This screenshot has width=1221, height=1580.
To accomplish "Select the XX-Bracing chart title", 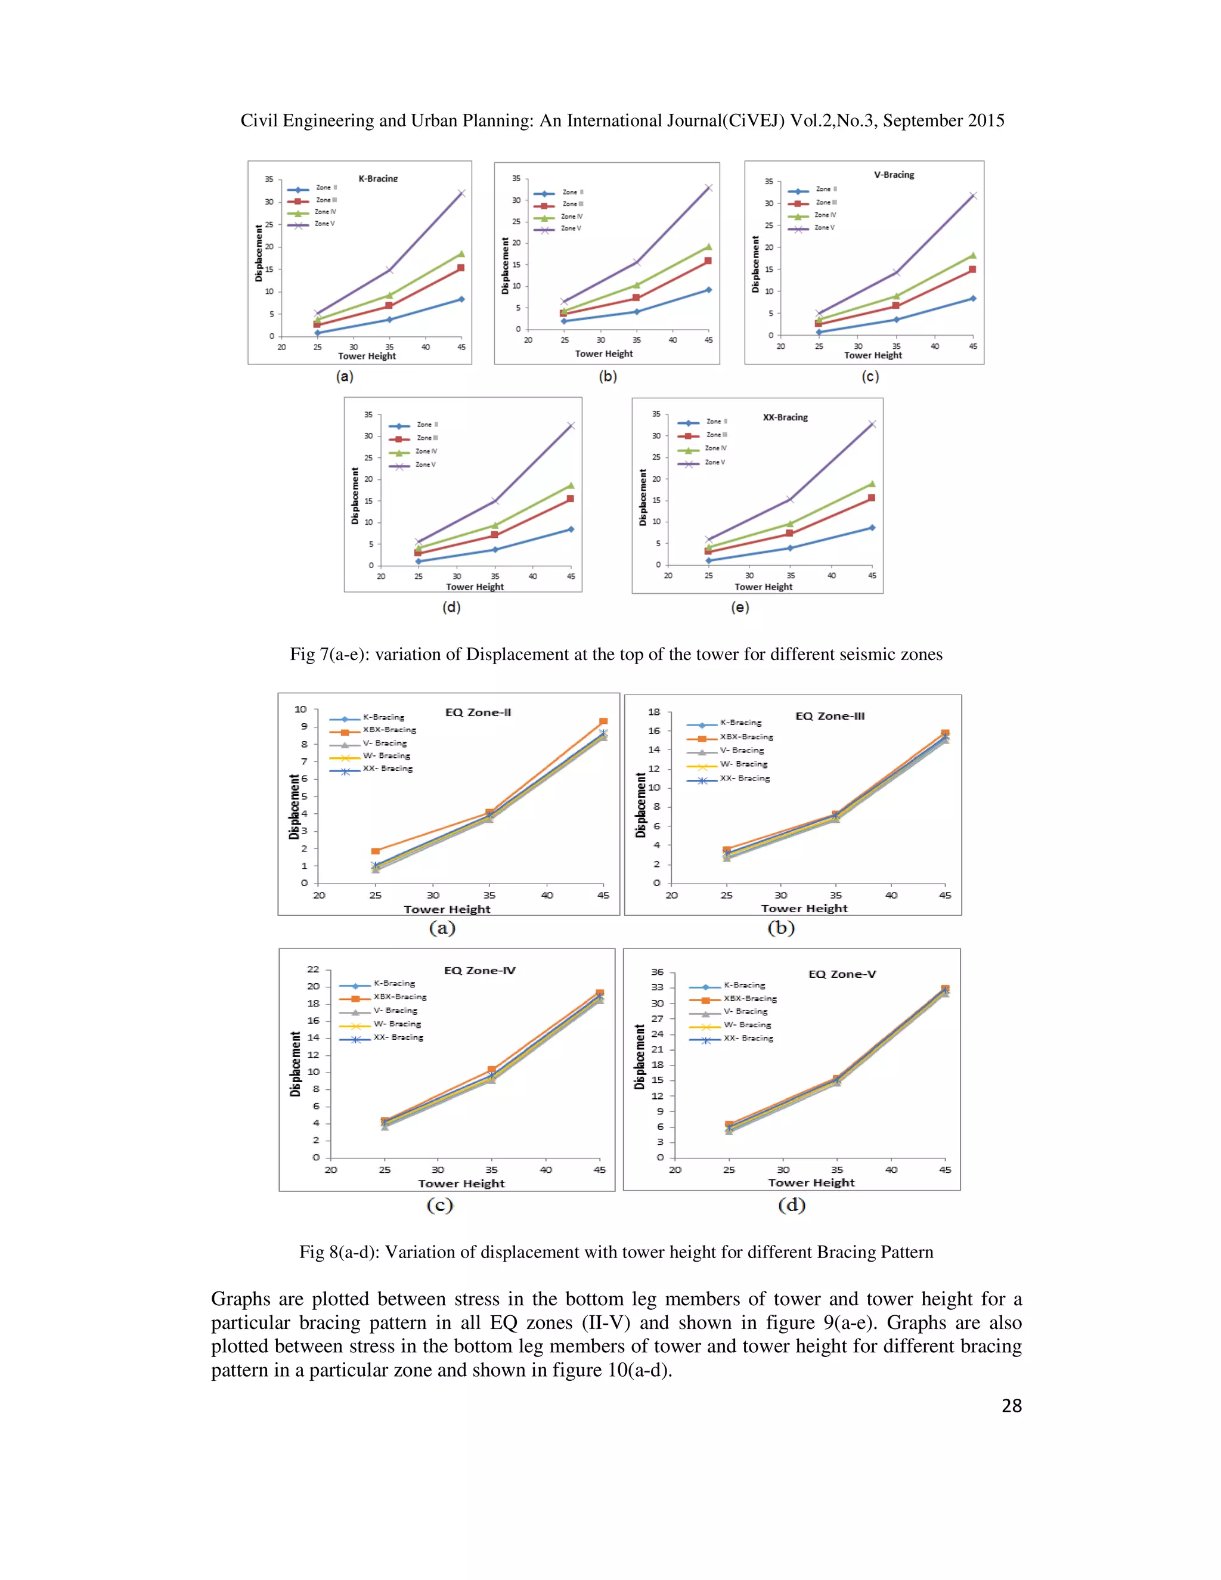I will (785, 417).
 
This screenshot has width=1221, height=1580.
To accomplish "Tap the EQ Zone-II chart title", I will (478, 712).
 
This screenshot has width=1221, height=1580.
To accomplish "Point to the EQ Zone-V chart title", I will (842, 974).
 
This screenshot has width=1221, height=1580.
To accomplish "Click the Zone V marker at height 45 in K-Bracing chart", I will (461, 193).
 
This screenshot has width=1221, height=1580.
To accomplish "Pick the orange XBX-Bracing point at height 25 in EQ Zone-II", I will (376, 851).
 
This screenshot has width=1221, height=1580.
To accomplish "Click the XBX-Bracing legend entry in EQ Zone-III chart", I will (746, 737).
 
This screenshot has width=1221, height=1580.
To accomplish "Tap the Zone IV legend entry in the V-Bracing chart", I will (825, 215).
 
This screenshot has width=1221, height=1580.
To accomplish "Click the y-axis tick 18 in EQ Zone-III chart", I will (654, 712).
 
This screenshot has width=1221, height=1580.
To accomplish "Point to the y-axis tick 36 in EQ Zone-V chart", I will (657, 972).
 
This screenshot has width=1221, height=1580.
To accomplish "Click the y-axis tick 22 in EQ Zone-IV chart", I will (312, 969).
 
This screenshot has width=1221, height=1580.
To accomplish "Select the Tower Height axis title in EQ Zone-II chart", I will (447, 909).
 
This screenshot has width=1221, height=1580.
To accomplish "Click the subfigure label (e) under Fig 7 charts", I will (740, 607).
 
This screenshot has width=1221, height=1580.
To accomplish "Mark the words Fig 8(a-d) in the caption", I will (339, 1252).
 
